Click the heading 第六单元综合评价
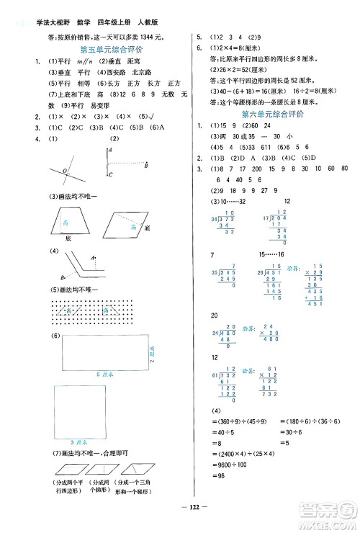(x=272, y=114)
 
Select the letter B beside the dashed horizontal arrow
(x=147, y=165)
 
